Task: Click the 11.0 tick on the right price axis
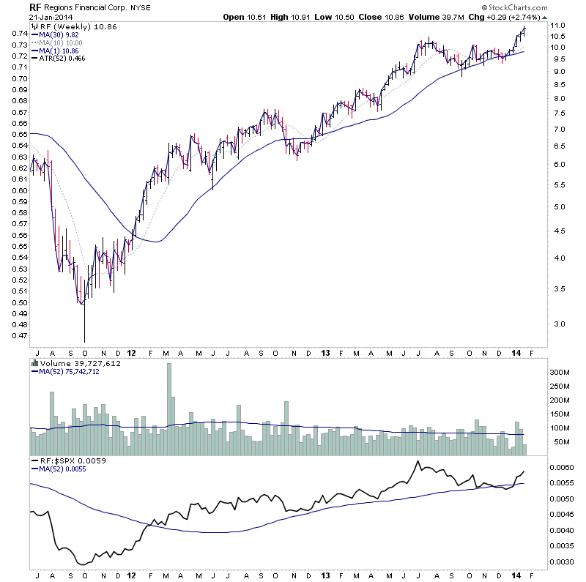pyautogui.click(x=558, y=26)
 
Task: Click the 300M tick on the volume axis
pyautogui.click(x=560, y=373)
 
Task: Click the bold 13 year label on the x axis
pyautogui.click(x=325, y=353)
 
